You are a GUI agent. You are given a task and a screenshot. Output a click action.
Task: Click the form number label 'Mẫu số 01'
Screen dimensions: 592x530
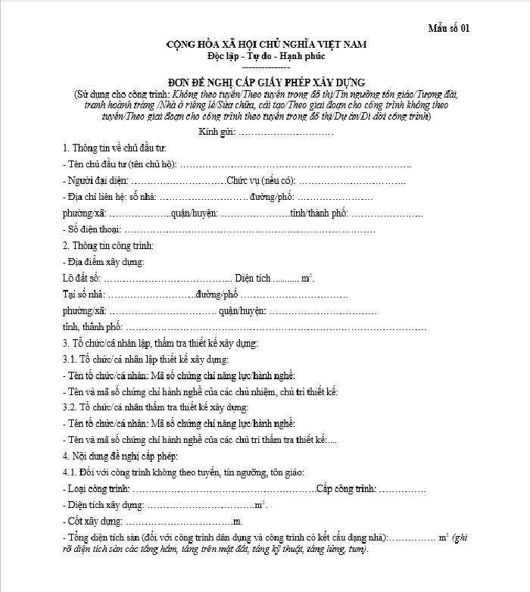click(450, 29)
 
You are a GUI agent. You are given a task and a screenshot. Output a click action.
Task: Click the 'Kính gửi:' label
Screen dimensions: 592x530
click(217, 132)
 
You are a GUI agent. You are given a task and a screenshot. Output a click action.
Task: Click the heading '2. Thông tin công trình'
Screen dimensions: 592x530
click(108, 245)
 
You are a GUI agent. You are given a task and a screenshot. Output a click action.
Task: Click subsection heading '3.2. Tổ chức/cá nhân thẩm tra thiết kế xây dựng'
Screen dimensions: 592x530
click(154, 407)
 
